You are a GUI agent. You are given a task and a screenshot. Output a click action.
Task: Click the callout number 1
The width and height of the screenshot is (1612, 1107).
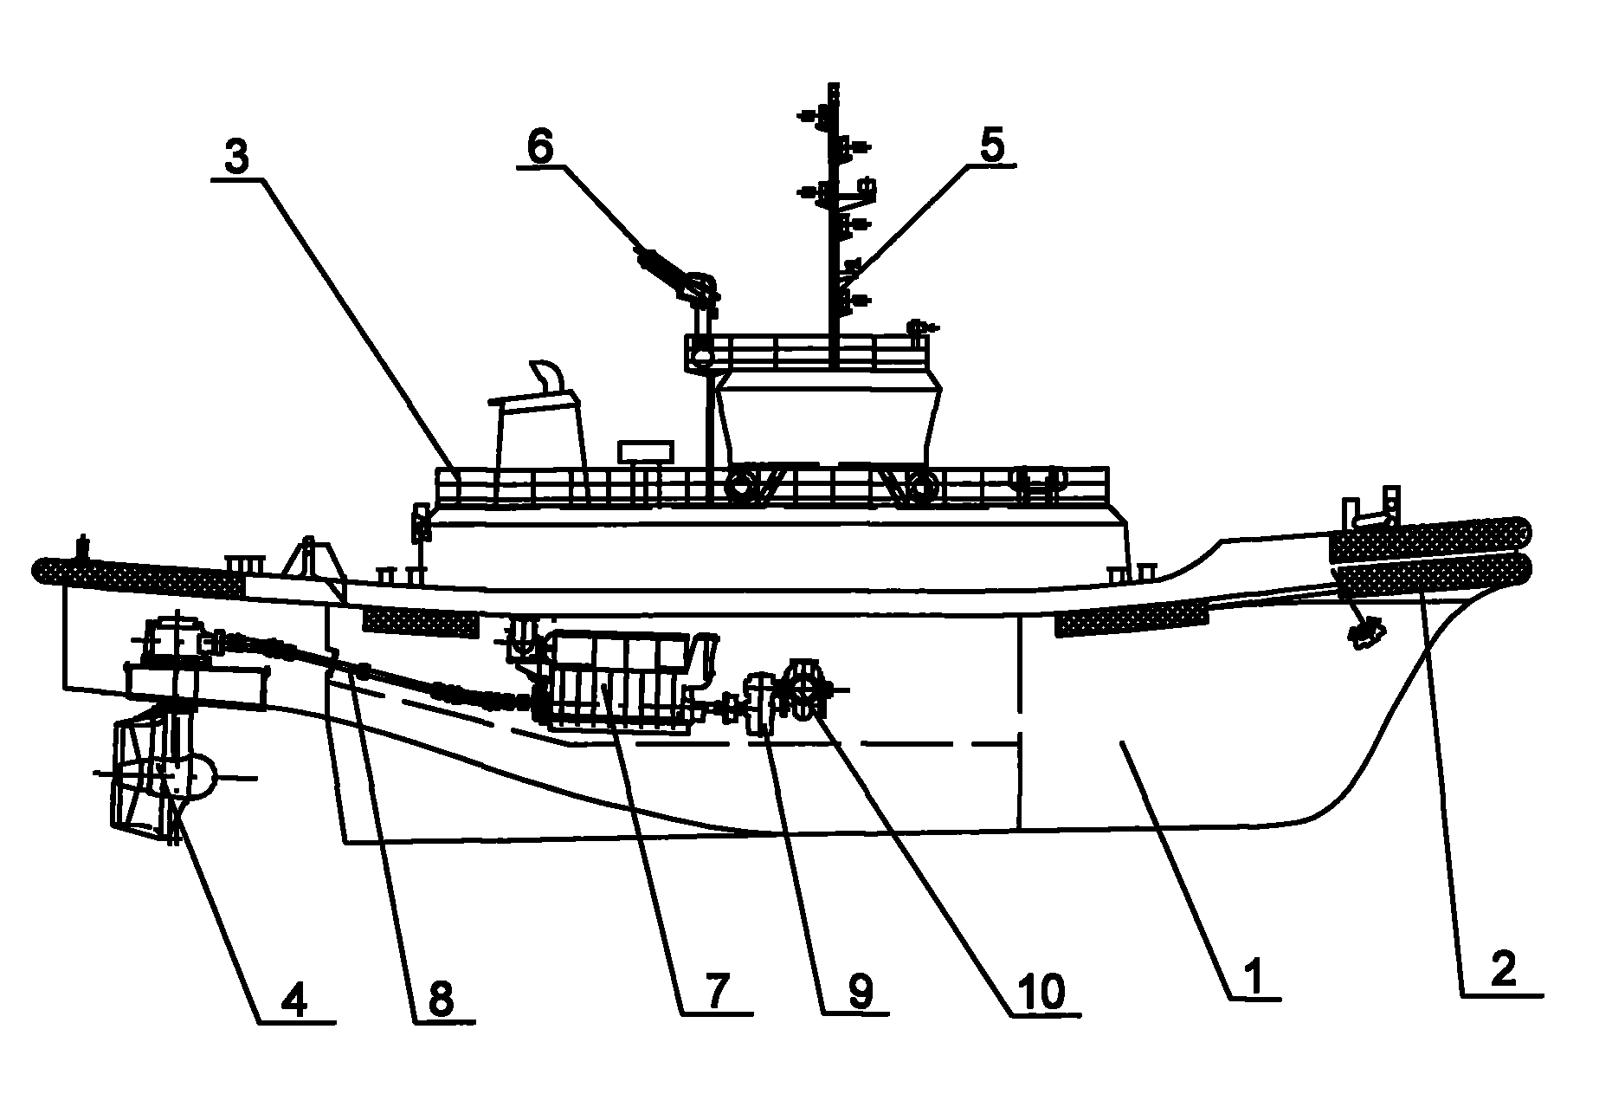[x=1254, y=977]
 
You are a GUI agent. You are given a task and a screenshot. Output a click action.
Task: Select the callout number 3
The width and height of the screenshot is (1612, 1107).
[x=236, y=157]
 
